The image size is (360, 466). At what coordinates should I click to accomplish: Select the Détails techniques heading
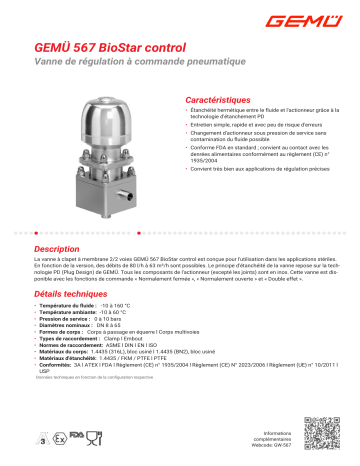(78, 296)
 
